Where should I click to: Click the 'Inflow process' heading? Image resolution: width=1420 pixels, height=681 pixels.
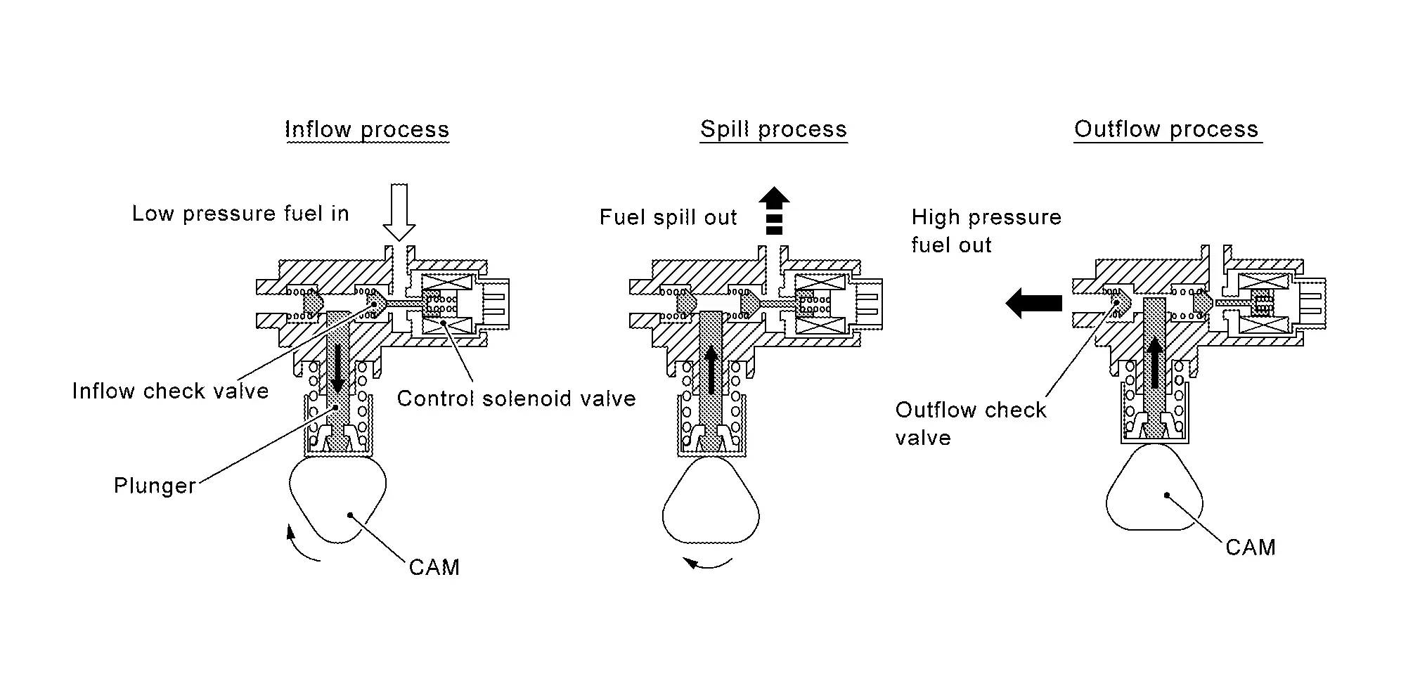(367, 130)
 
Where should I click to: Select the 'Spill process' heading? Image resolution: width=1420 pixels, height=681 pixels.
(773, 130)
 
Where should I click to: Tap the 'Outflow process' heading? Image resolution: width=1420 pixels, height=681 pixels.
(1166, 130)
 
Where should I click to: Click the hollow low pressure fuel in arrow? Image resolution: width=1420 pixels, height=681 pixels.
(399, 212)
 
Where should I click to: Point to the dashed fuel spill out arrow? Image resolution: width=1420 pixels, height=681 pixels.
(773, 210)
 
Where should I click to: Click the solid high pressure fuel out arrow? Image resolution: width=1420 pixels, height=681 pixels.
(1033, 303)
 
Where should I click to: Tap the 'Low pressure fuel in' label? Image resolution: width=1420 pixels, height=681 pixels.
(240, 214)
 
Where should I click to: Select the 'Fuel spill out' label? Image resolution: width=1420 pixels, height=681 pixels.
(668, 218)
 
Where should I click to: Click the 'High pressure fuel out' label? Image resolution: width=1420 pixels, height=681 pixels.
(986, 231)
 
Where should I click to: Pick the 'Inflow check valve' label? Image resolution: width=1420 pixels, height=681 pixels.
(170, 391)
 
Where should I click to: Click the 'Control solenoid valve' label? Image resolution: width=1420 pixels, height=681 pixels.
(516, 399)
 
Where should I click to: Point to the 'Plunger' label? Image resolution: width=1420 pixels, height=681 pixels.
(155, 486)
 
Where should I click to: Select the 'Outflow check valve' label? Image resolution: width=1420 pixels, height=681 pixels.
(970, 424)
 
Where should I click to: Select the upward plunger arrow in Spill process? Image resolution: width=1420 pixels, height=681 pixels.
(711, 369)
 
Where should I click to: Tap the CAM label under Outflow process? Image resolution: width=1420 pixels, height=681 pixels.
(1250, 548)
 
